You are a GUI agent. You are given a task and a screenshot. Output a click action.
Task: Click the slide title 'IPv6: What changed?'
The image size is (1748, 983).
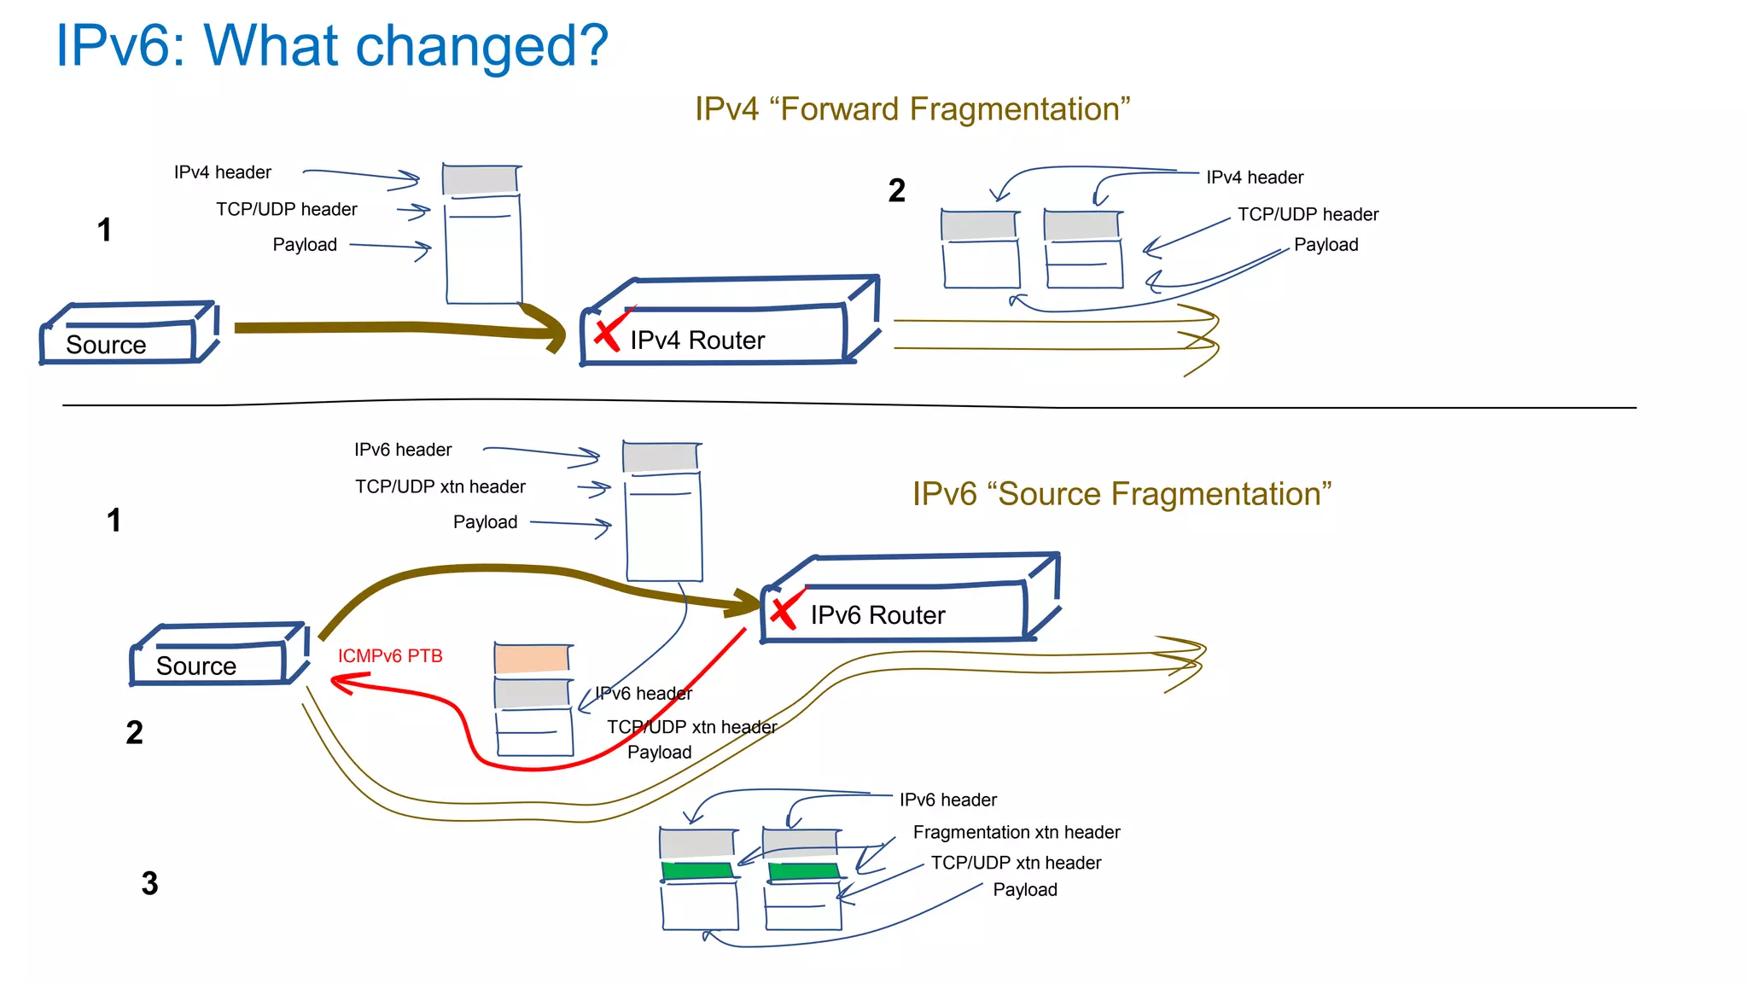click(331, 46)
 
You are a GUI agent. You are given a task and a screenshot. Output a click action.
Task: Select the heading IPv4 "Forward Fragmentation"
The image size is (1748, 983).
click(912, 109)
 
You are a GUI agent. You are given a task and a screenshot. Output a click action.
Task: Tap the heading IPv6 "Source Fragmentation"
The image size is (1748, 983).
click(1121, 494)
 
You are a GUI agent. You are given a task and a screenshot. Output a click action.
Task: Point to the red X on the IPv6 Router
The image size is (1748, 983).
click(784, 612)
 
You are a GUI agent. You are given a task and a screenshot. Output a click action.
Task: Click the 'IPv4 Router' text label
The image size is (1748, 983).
click(696, 340)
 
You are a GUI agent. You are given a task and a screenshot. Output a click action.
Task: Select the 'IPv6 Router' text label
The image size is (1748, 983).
click(877, 615)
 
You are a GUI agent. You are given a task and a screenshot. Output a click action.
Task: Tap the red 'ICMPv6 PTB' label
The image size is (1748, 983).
click(390, 656)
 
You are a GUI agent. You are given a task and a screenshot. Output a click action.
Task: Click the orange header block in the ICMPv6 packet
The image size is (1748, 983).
click(532, 659)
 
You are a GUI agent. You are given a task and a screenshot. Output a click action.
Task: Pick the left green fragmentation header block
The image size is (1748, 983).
click(697, 871)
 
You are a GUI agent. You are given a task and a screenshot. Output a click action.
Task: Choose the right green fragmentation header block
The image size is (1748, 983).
click(803, 871)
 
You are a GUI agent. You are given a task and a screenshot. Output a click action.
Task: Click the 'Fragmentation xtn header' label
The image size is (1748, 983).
click(1016, 832)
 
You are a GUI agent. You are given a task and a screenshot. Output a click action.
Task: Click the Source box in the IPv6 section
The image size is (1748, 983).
click(218, 656)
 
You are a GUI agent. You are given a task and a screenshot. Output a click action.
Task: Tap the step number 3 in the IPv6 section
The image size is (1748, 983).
click(149, 883)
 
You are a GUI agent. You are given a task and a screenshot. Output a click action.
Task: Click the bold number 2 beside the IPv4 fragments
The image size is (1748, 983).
click(896, 190)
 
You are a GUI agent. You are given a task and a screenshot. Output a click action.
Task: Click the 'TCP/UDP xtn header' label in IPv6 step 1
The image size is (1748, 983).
click(440, 486)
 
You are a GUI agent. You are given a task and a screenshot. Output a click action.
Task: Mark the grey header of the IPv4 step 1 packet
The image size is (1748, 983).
click(480, 180)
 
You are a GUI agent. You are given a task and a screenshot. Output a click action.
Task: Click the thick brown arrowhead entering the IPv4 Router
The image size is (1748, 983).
click(551, 329)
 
